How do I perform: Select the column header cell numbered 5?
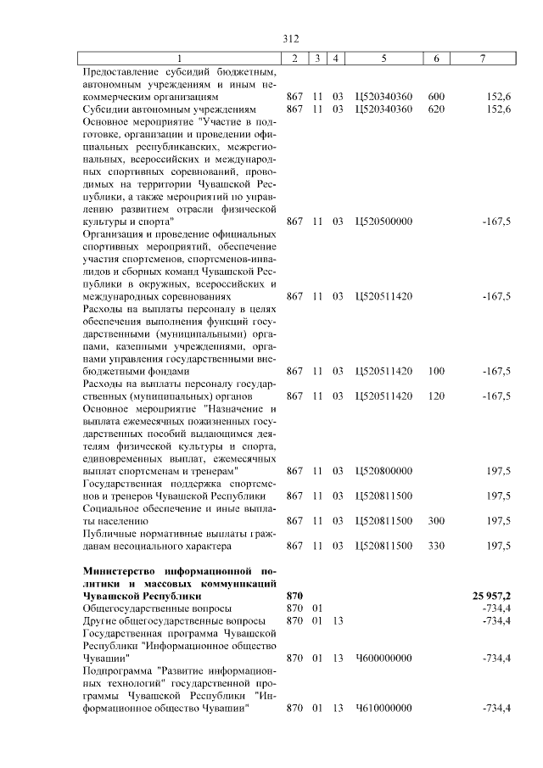point(383,58)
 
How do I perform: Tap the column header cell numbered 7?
point(482,58)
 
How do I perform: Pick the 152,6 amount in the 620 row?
point(496,109)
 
